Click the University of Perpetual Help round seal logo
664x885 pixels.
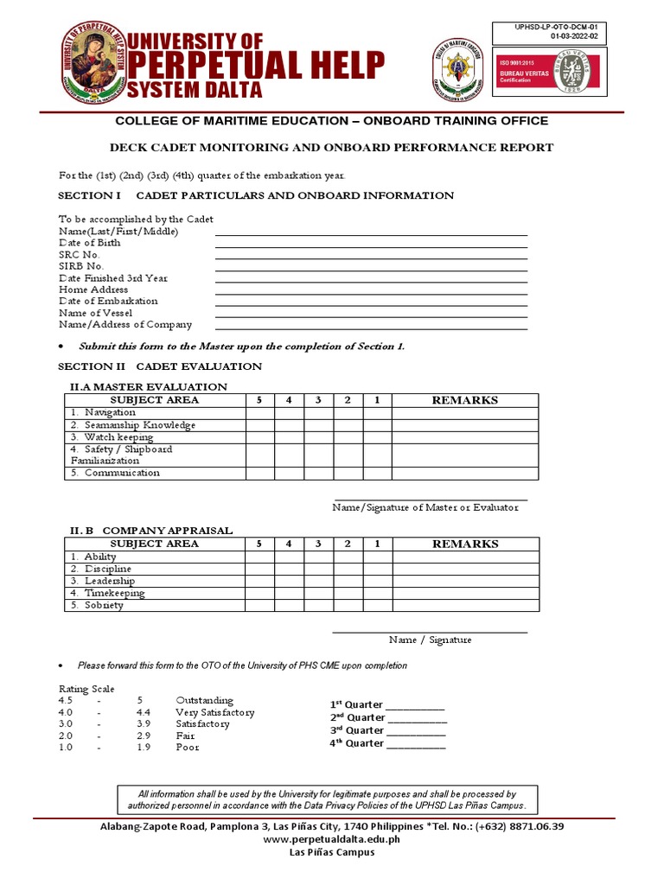click(x=93, y=61)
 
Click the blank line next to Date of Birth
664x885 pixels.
click(x=371, y=245)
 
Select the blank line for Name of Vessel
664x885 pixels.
click(x=371, y=315)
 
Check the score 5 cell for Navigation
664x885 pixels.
click(x=260, y=413)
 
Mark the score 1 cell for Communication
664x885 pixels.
click(x=377, y=474)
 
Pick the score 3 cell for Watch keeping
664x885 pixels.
click(x=318, y=437)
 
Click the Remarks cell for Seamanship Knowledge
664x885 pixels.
click(x=464, y=425)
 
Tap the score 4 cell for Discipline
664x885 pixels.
click(x=290, y=569)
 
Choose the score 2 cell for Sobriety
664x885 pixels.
click(x=348, y=605)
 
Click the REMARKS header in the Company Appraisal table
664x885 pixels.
click(x=464, y=544)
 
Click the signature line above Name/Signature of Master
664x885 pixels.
click(x=430, y=499)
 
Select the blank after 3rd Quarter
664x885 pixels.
click(x=417, y=732)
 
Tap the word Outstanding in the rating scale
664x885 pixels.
click(x=204, y=700)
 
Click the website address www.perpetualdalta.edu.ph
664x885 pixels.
click(x=331, y=839)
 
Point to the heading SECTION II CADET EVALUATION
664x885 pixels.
click(x=159, y=366)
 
